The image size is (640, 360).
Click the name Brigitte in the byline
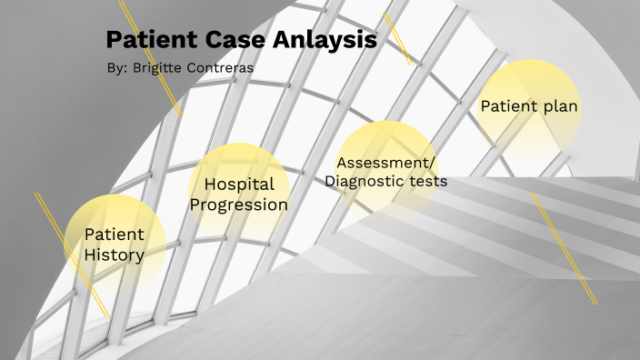tap(161, 68)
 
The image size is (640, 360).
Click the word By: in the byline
tap(117, 68)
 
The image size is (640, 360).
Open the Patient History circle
tap(115, 244)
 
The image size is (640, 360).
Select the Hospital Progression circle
tap(239, 195)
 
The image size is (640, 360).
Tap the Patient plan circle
tap(529, 107)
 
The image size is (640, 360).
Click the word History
tap(115, 255)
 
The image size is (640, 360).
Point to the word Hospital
tap(239, 185)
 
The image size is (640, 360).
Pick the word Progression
tap(239, 205)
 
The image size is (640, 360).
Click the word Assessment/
tap(386, 163)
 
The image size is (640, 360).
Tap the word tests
tap(427, 181)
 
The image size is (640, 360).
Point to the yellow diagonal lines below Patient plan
tap(565, 248)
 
